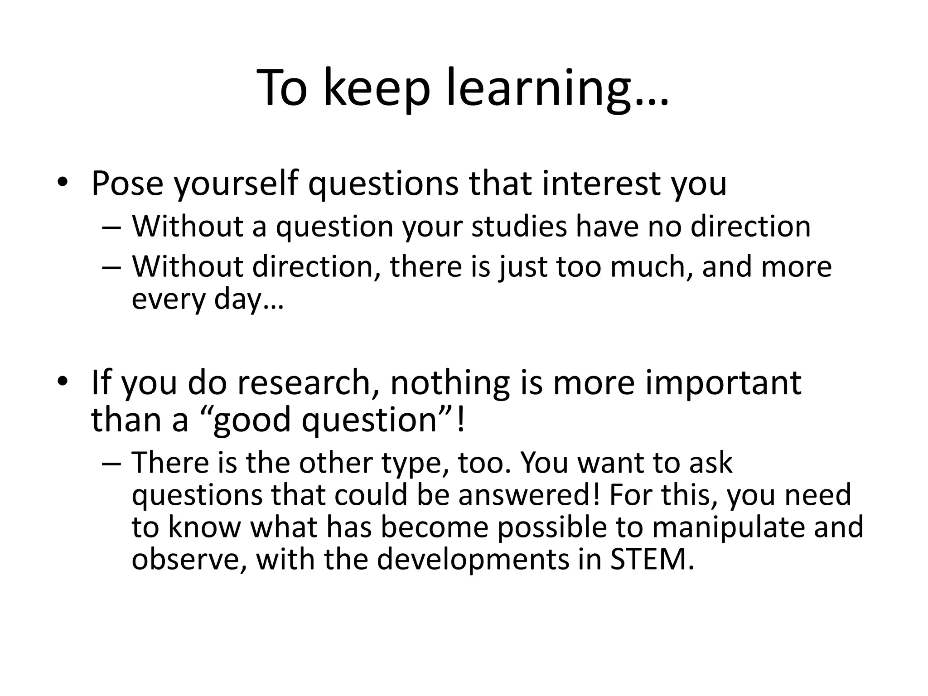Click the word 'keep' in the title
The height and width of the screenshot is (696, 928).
point(376,88)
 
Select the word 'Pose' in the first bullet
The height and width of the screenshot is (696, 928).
point(127,184)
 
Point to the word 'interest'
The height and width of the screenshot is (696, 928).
point(601,184)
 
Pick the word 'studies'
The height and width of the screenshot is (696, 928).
point(519,226)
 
